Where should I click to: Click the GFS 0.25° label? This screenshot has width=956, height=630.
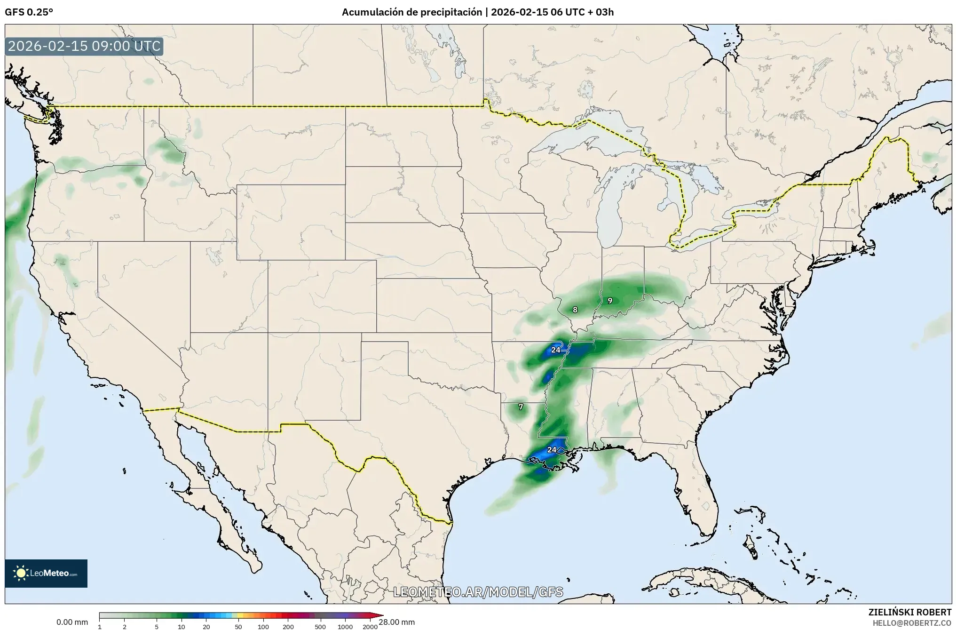click(x=29, y=12)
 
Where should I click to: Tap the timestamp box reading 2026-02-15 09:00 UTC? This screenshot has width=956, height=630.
click(x=85, y=47)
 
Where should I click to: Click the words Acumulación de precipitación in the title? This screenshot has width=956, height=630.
click(x=411, y=12)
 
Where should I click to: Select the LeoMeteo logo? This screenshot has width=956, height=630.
click(x=46, y=573)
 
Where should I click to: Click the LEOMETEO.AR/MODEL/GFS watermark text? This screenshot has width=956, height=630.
click(x=478, y=592)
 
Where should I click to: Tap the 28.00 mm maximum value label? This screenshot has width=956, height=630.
click(x=397, y=622)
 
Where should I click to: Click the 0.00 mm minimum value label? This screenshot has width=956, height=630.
click(x=72, y=622)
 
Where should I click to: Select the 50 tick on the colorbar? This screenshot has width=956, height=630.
click(x=238, y=626)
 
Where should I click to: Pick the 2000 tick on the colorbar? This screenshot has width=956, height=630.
click(x=370, y=626)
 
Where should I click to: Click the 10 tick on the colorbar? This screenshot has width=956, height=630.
click(x=182, y=626)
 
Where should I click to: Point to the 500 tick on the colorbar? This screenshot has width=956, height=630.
click(x=320, y=626)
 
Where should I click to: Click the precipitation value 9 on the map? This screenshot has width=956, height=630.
click(x=610, y=300)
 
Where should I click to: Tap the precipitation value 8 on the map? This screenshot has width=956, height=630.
click(x=575, y=310)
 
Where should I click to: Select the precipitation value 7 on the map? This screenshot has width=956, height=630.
click(x=521, y=407)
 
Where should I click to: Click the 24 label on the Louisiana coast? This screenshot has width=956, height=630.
click(x=552, y=449)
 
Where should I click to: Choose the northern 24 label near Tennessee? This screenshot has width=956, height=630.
click(x=556, y=350)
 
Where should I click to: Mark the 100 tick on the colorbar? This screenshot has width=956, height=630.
click(x=263, y=626)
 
